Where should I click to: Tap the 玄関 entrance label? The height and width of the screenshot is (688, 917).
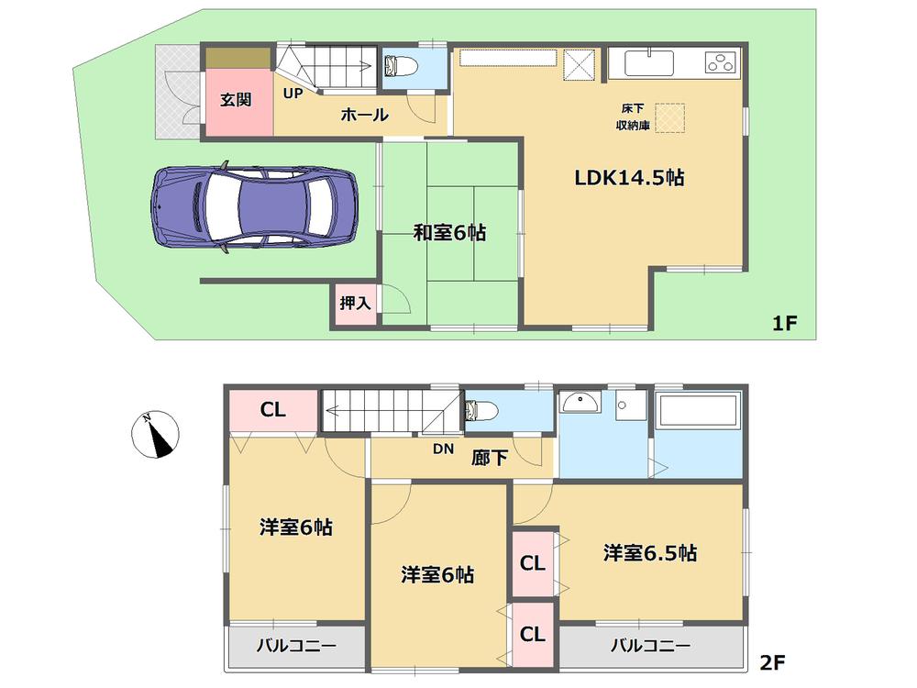tap(236, 100)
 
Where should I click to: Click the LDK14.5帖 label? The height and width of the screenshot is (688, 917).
tap(629, 178)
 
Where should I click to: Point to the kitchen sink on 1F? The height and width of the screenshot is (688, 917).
tap(650, 63)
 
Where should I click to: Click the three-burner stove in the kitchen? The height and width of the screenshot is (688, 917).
tap(721, 63)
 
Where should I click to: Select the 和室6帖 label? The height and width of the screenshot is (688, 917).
tap(448, 233)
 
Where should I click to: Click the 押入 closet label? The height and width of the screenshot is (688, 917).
tap(355, 304)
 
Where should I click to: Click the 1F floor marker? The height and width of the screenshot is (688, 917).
tap(785, 323)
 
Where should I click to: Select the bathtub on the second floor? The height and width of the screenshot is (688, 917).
tap(699, 411)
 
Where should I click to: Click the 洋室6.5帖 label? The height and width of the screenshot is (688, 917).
tap(649, 553)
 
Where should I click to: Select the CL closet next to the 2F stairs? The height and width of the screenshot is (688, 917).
tap(272, 410)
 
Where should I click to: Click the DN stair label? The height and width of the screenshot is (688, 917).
tap(444, 449)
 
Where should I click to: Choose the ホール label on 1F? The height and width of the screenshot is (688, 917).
tap(364, 116)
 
